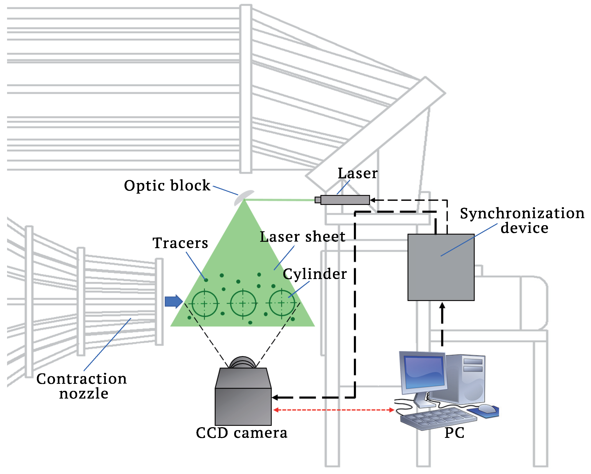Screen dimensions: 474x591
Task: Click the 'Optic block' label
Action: pyautogui.click(x=167, y=186)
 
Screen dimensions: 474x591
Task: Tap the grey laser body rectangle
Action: pyautogui.click(x=345, y=200)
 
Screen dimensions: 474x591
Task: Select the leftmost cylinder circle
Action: pyautogui.click(x=205, y=304)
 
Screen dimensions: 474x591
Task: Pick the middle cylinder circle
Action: pyautogui.click(x=243, y=303)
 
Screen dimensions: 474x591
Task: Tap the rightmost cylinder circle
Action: pyautogui.click(x=282, y=303)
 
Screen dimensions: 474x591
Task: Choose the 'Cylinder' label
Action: pyautogui.click(x=315, y=274)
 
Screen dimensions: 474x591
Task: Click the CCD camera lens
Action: pyautogui.click(x=242, y=363)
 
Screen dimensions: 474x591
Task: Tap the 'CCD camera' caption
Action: pyautogui.click(x=241, y=433)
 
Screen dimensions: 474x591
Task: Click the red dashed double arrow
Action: pyautogui.click(x=334, y=410)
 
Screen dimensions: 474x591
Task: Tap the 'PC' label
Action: pyautogui.click(x=454, y=433)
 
